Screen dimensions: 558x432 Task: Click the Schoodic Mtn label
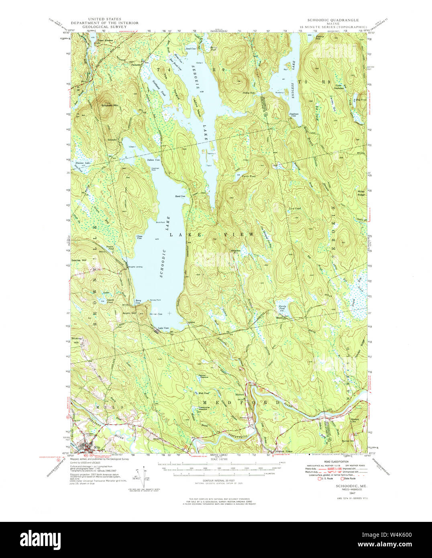(x=110, y=106)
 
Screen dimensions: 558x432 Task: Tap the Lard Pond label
(x=294, y=208)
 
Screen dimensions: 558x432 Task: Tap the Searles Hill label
(x=79, y=261)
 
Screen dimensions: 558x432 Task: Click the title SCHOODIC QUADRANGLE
(x=333, y=20)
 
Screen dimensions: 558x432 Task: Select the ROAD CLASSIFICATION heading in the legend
(x=337, y=462)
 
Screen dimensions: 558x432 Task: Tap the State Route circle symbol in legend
(x=342, y=479)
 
